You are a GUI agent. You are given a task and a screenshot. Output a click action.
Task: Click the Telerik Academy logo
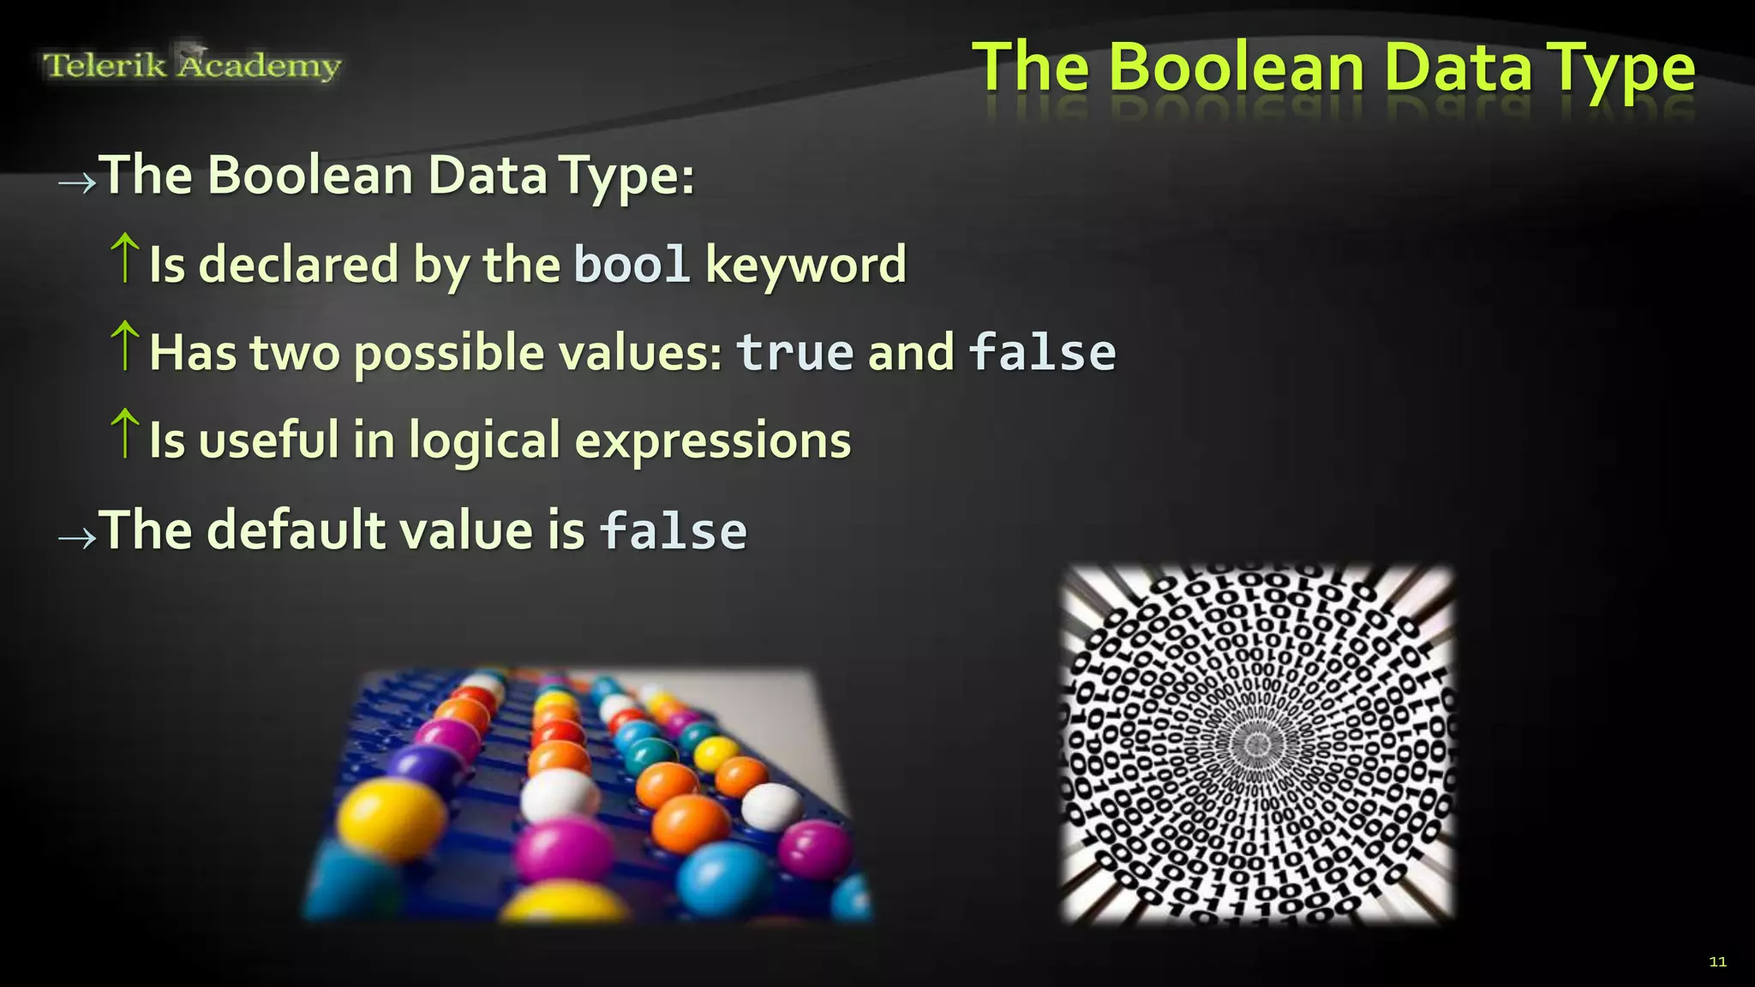click(192, 64)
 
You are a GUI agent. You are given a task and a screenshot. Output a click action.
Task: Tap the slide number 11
click(1717, 961)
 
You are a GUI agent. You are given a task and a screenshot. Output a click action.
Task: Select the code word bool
click(632, 264)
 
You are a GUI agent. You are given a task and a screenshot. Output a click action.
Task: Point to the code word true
click(795, 352)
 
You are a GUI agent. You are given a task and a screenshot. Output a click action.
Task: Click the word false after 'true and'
click(1042, 352)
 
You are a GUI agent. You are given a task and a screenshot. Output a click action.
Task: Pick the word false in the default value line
click(674, 530)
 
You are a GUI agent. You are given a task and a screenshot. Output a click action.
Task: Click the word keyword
click(806, 264)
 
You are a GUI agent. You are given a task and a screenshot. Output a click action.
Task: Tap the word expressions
click(713, 440)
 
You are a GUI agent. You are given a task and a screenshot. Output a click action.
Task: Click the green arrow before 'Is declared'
click(125, 258)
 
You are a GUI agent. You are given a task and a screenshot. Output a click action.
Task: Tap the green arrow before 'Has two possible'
click(125, 346)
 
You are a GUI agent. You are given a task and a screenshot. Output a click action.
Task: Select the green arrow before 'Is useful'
click(125, 434)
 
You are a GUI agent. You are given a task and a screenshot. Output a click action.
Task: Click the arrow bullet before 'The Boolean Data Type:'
click(77, 182)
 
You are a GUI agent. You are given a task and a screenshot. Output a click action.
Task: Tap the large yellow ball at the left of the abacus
click(379, 817)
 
